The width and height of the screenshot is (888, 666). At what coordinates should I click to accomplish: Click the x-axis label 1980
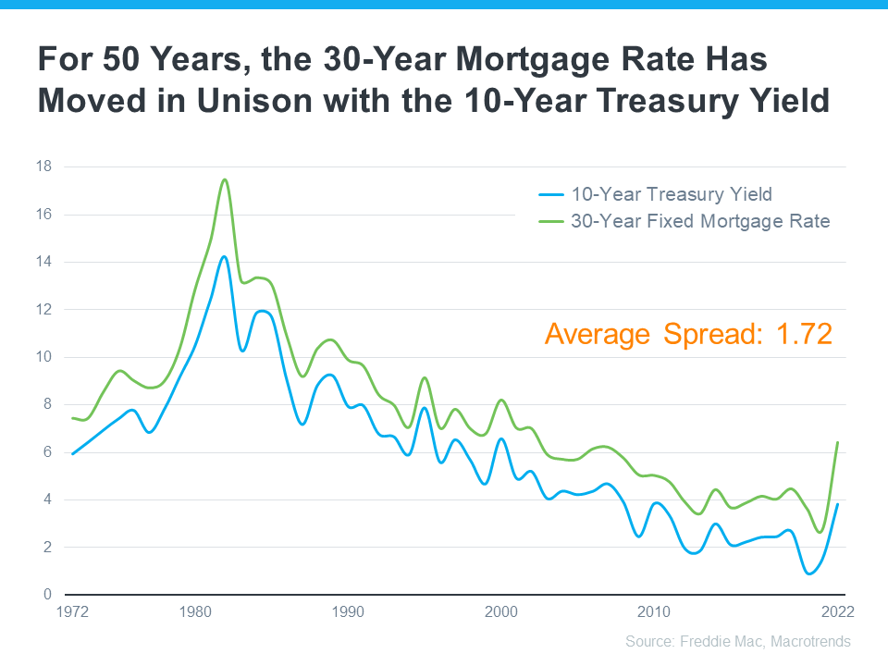point(194,612)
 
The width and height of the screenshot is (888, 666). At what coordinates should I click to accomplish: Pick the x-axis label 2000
point(500,612)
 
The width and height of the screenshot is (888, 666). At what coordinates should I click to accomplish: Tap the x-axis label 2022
point(836,612)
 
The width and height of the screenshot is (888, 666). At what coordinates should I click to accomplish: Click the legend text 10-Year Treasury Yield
point(672,194)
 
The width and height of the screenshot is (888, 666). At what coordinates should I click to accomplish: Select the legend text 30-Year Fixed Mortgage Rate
point(700,221)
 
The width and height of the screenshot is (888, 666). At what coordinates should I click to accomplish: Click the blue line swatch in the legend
point(551,195)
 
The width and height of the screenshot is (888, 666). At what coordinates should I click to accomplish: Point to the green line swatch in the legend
point(551,222)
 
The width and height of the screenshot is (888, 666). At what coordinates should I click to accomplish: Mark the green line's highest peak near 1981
point(225,179)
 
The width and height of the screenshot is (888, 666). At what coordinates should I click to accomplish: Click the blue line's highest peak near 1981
point(224,256)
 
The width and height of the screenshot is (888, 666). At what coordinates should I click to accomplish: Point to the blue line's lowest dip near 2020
point(810,573)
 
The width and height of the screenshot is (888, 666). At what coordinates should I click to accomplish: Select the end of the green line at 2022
point(837,442)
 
